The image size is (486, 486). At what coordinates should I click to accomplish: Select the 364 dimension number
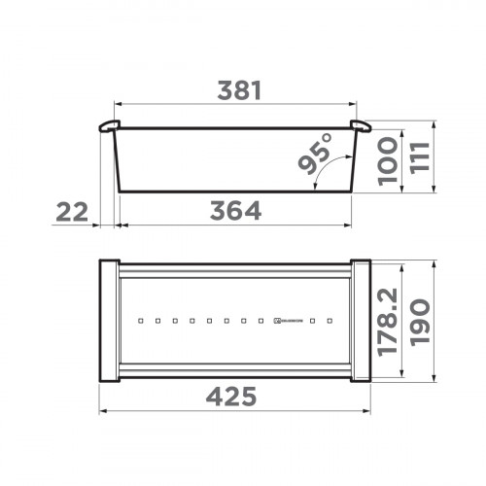point(235,210)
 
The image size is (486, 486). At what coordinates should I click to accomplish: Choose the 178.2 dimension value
point(386,320)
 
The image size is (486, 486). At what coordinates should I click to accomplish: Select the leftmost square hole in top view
point(141,319)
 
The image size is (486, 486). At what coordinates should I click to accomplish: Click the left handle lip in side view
point(109,126)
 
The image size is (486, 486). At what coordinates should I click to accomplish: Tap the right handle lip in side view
point(359,126)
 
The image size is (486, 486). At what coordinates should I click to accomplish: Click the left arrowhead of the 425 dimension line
point(105,411)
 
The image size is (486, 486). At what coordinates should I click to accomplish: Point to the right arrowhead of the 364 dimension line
point(350,224)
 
